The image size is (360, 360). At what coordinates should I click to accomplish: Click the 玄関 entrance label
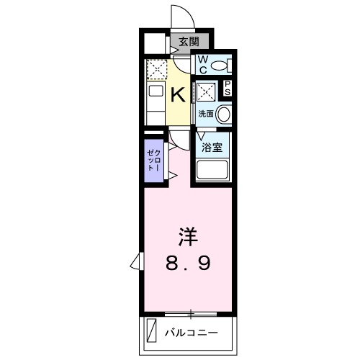189,41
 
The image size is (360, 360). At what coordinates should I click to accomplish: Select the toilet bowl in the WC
221,66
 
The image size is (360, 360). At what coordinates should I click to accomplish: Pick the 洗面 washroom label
206,114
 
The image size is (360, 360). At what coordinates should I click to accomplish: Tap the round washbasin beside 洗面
224,114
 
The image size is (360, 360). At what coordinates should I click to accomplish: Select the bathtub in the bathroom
213,172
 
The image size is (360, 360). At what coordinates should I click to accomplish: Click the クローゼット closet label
153,157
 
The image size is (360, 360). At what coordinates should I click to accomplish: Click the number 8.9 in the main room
189,264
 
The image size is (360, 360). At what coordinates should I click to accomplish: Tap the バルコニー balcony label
192,333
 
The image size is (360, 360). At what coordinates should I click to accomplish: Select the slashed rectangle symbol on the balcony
151,333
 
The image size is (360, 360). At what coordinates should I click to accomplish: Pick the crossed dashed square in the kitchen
156,71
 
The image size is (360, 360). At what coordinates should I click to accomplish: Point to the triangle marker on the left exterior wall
135,261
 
